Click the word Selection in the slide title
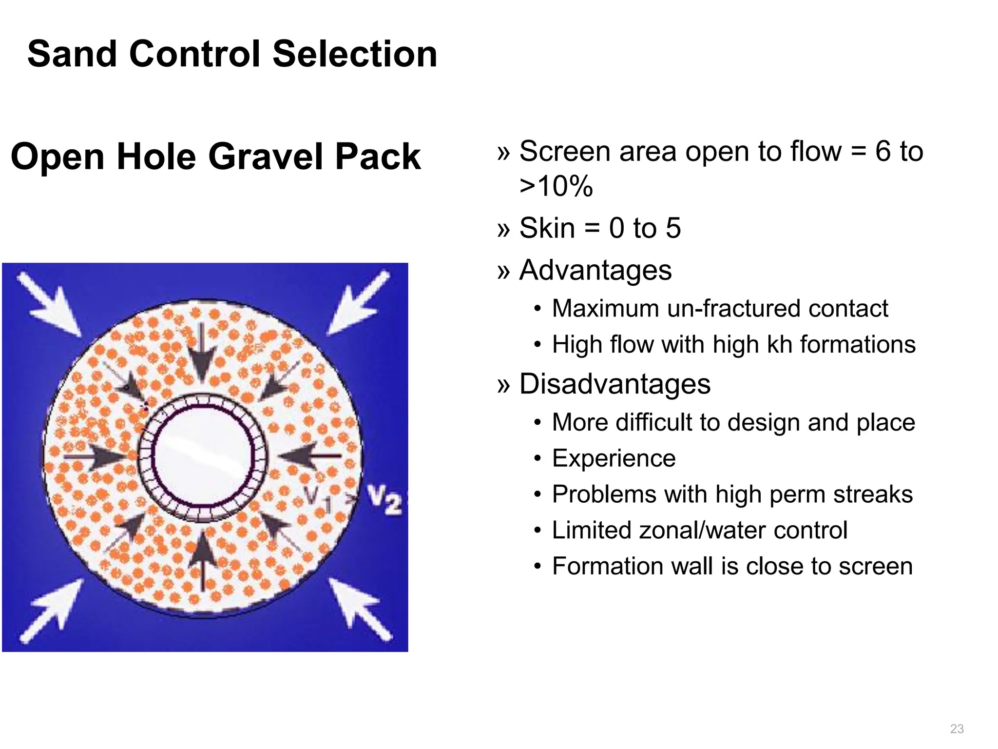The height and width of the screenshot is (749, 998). (x=355, y=54)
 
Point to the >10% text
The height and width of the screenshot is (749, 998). (x=556, y=186)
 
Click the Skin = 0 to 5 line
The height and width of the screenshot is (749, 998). (x=599, y=228)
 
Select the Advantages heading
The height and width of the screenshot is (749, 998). (x=595, y=270)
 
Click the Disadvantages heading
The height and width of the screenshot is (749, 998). (x=614, y=384)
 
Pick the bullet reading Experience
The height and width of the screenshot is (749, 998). (x=614, y=458)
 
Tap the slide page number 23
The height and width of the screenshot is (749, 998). (x=957, y=729)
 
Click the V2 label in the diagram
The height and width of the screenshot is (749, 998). (x=384, y=499)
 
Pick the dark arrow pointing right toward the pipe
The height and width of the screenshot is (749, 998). (x=95, y=457)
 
